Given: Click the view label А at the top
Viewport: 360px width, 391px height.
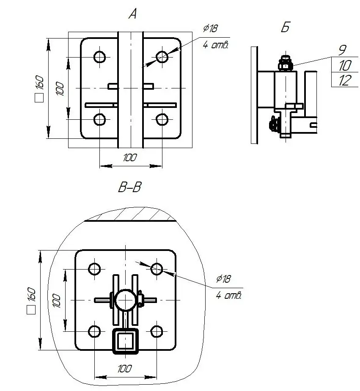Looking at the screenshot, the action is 133,14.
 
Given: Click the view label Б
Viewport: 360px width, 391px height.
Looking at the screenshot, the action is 285,27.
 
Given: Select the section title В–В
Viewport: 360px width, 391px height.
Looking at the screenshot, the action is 129,187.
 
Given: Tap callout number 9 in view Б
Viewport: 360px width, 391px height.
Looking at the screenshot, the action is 343,50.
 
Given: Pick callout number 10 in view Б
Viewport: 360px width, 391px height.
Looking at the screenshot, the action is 345,65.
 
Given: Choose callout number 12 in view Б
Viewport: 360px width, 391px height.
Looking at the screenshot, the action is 345,80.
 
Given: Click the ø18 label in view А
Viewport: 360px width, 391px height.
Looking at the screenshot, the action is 210,28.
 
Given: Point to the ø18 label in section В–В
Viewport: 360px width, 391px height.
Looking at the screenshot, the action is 223,278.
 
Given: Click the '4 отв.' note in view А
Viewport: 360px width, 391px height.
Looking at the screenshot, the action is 216,45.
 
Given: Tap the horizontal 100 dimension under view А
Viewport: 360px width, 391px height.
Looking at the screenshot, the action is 130,157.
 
